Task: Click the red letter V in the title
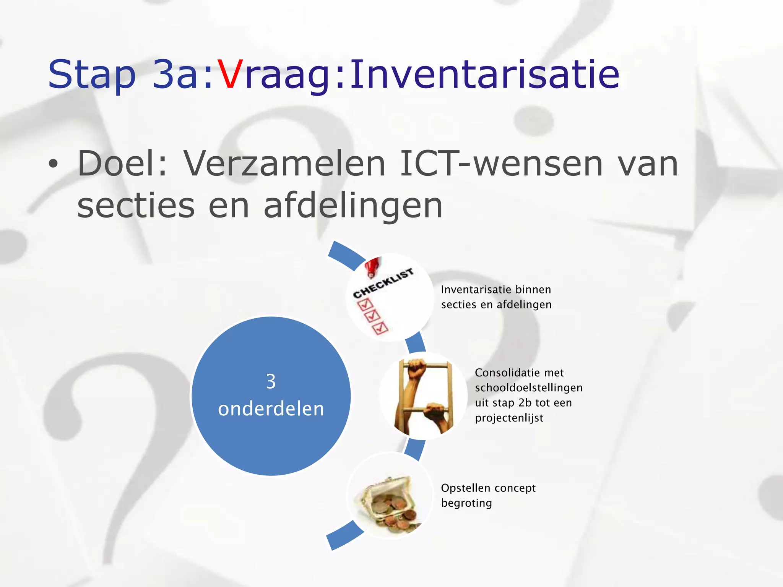coord(230,75)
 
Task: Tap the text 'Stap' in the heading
coord(92,75)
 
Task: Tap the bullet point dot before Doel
coord(54,165)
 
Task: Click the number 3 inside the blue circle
coord(271,382)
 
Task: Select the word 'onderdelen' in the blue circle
coord(271,409)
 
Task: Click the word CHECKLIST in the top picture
coord(383,283)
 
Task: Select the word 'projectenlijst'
coord(509,418)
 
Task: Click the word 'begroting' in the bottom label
coord(466,503)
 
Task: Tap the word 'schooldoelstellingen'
coord(529,388)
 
